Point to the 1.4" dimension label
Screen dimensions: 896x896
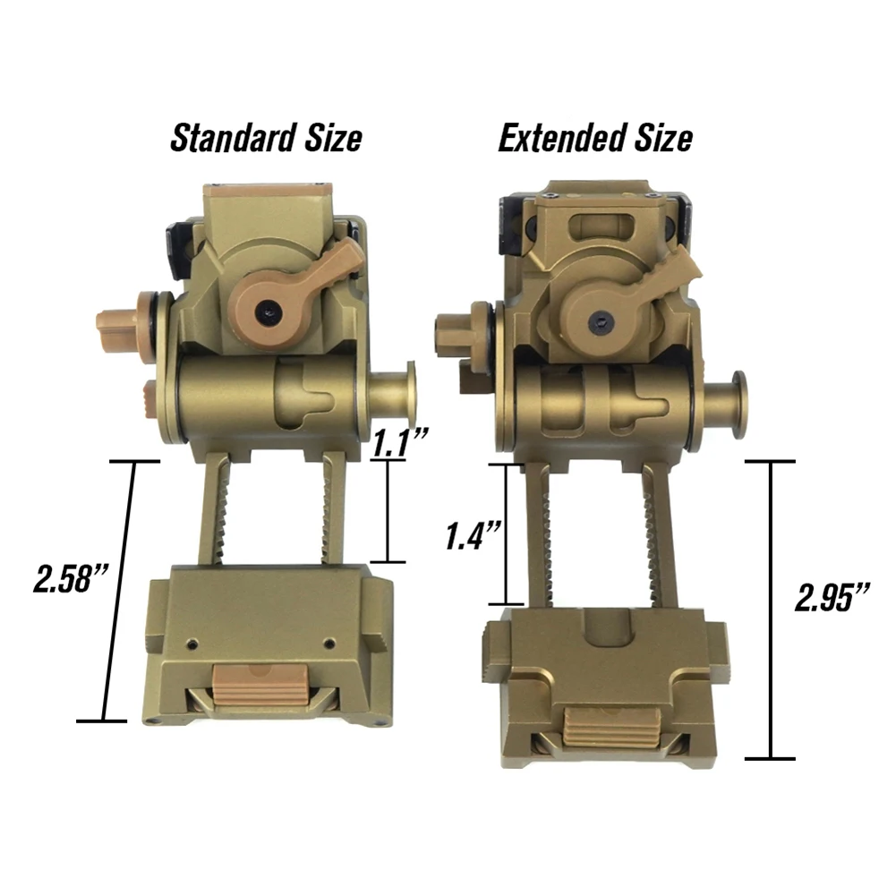tap(474, 535)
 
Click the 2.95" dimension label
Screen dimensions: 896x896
tap(832, 597)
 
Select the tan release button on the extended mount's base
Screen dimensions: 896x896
tap(612, 728)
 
